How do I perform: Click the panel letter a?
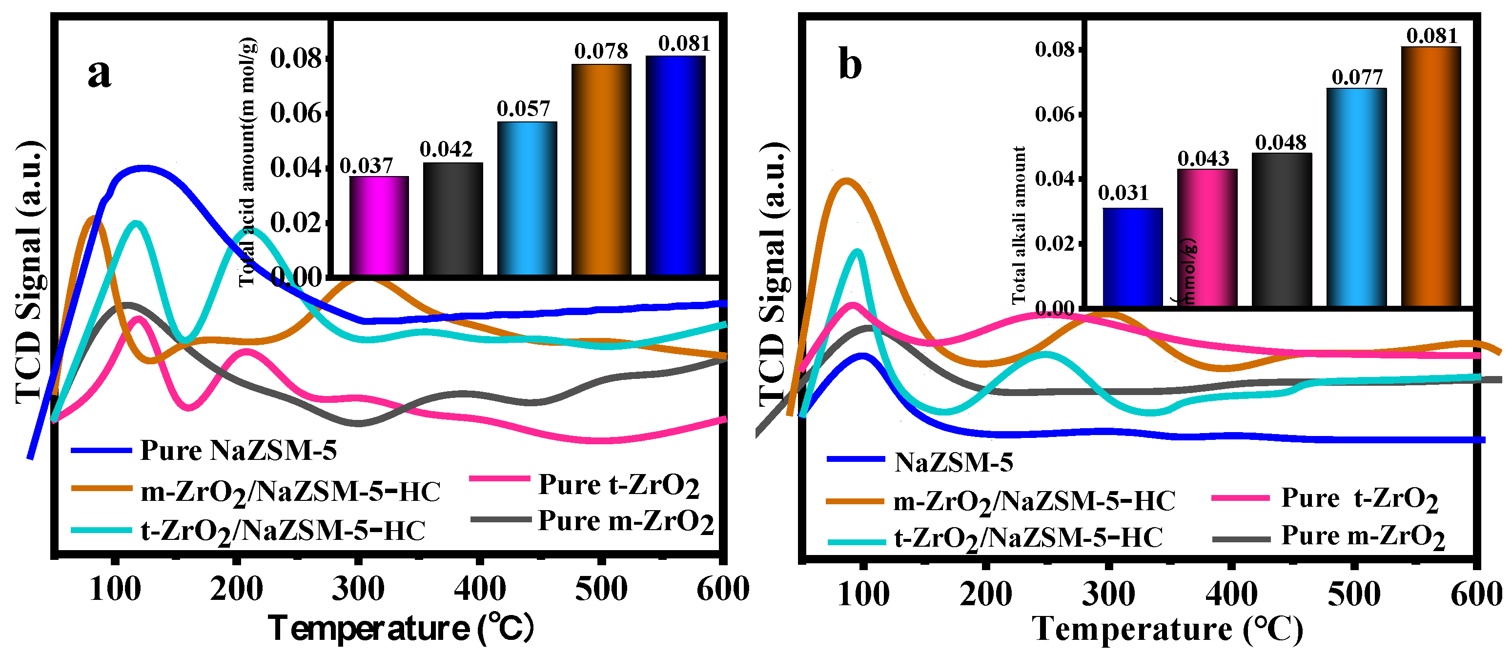(x=99, y=75)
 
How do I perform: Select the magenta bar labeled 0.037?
(x=379, y=226)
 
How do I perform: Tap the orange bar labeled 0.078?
(x=601, y=170)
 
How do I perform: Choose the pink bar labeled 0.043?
(x=1207, y=238)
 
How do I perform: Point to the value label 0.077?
(x=1356, y=77)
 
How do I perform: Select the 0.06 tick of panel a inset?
(x=296, y=113)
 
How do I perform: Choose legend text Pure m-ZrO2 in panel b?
(x=1362, y=536)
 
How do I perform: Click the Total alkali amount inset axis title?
(x=1019, y=226)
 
